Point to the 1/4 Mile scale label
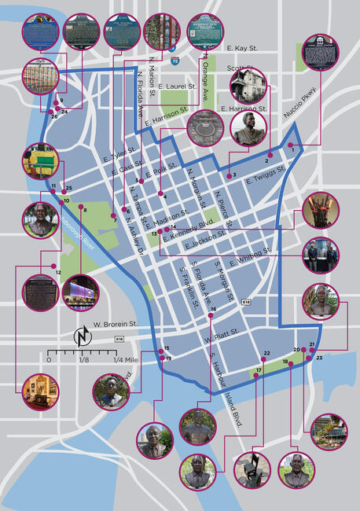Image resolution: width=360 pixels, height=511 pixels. [x=130, y=359]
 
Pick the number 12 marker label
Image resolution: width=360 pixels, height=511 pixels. [x=58, y=272]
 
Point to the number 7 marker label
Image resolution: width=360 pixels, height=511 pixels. [x=114, y=221]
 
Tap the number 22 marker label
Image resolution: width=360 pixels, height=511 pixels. [x=266, y=354]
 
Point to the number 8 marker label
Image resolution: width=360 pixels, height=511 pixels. [x=84, y=210]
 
